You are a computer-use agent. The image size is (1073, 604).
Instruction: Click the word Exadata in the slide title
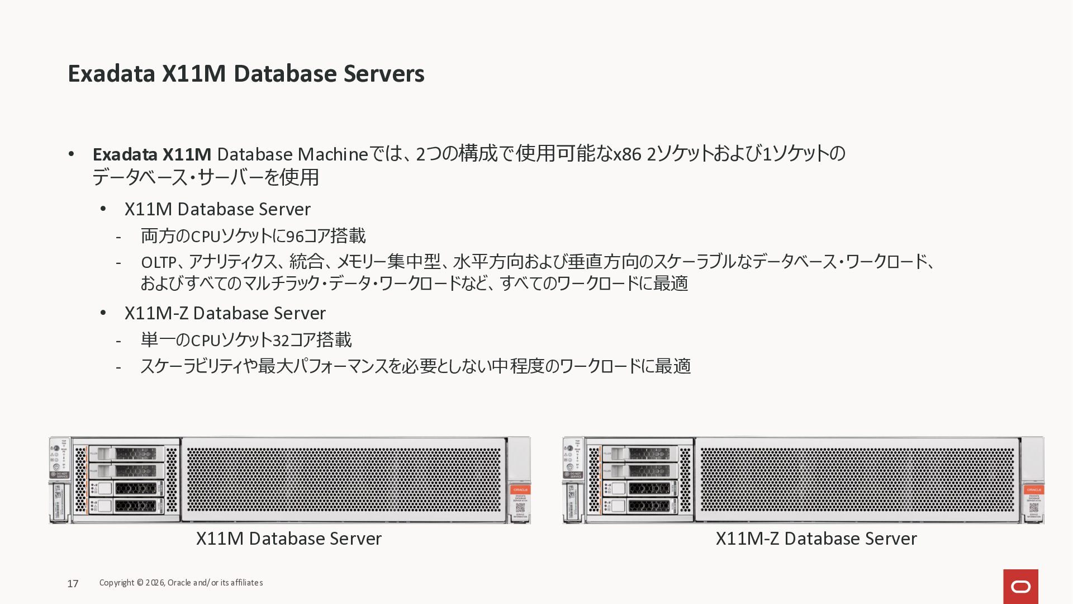point(111,74)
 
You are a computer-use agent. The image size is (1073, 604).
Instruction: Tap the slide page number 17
point(73,584)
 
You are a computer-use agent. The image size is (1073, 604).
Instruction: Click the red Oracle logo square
point(1020,586)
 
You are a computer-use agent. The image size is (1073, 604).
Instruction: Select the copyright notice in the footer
point(181,583)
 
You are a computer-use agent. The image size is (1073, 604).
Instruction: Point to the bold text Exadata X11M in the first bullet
point(151,154)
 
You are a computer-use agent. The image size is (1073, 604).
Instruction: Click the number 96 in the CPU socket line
point(295,237)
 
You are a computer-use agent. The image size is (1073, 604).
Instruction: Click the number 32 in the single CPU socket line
point(281,341)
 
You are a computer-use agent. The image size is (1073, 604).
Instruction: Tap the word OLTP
point(159,262)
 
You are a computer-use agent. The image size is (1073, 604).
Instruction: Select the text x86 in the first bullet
point(627,154)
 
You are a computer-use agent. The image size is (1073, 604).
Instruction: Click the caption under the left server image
point(288,539)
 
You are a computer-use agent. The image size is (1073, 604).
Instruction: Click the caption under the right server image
point(816,539)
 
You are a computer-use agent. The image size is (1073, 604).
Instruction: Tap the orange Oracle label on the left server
point(520,490)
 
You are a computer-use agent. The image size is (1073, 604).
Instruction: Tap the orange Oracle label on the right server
point(1033,490)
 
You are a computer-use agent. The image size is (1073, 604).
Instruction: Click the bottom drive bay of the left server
point(127,506)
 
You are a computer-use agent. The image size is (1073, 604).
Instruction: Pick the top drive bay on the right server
point(640,454)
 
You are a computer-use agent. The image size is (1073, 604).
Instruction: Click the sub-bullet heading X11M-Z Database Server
point(225,313)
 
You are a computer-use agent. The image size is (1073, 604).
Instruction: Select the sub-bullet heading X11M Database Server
point(217,209)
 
